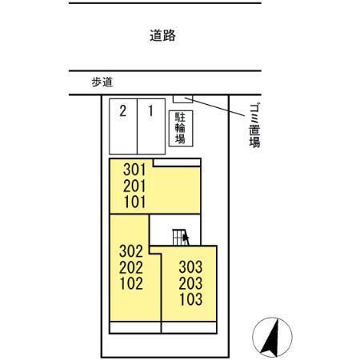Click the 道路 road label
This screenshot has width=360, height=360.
click(x=162, y=35)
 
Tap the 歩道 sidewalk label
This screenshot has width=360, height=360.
click(x=102, y=82)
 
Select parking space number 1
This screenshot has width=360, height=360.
click(x=151, y=126)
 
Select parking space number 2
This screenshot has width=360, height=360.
click(x=123, y=126)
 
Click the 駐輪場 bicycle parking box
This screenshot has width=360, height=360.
click(x=181, y=128)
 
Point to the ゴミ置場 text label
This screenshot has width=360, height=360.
click(x=254, y=126)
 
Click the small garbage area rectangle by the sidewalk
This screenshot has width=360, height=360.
click(x=182, y=98)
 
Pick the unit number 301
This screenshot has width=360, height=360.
click(x=134, y=170)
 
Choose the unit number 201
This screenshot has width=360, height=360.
click(x=134, y=186)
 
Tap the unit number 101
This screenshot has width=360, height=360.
click(x=135, y=202)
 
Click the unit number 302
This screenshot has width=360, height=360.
click(x=131, y=251)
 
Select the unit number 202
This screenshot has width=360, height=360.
click(x=131, y=267)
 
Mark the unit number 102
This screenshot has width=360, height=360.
click(x=131, y=283)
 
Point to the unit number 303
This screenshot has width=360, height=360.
click(x=190, y=267)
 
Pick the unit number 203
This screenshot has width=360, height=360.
click(x=190, y=283)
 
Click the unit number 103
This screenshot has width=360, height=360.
click(x=191, y=299)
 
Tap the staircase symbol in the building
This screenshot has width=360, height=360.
click(x=181, y=237)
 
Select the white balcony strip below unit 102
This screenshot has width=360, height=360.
click(x=135, y=327)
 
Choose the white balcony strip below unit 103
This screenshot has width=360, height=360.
click(x=189, y=327)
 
